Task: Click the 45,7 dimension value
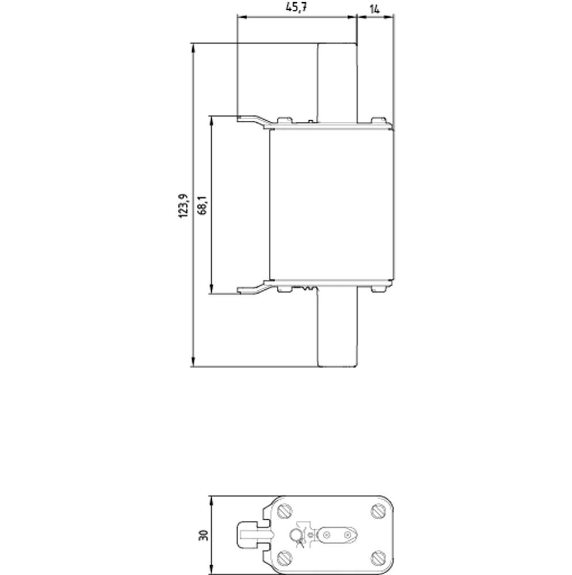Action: click(x=297, y=9)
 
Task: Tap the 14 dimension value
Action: click(x=375, y=9)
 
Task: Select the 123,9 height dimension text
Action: click(x=183, y=205)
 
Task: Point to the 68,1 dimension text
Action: click(x=202, y=205)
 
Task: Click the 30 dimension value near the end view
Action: click(x=202, y=535)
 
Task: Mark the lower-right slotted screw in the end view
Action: click(x=378, y=557)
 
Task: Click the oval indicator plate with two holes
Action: click(x=337, y=535)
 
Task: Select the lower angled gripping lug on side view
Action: click(x=253, y=288)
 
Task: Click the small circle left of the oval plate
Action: click(x=295, y=536)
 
